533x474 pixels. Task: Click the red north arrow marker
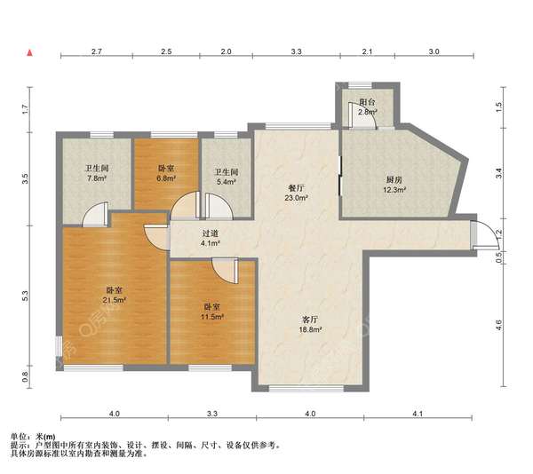(x=30, y=52)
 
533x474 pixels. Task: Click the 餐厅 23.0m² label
(x=296, y=193)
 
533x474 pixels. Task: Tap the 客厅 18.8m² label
(x=310, y=324)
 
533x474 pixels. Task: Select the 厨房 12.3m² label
(x=394, y=185)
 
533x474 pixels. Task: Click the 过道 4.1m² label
(x=211, y=238)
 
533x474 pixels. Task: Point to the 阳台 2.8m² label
(x=367, y=107)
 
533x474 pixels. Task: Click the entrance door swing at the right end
(x=484, y=234)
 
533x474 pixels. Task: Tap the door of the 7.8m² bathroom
(x=96, y=214)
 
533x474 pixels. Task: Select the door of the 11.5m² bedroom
(x=226, y=270)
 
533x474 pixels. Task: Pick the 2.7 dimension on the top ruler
(x=97, y=51)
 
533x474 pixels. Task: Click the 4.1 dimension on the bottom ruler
(x=418, y=414)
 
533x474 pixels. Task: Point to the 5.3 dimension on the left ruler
(x=25, y=296)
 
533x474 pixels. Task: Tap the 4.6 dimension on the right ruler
(x=498, y=325)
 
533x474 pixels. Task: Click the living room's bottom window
(x=306, y=388)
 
